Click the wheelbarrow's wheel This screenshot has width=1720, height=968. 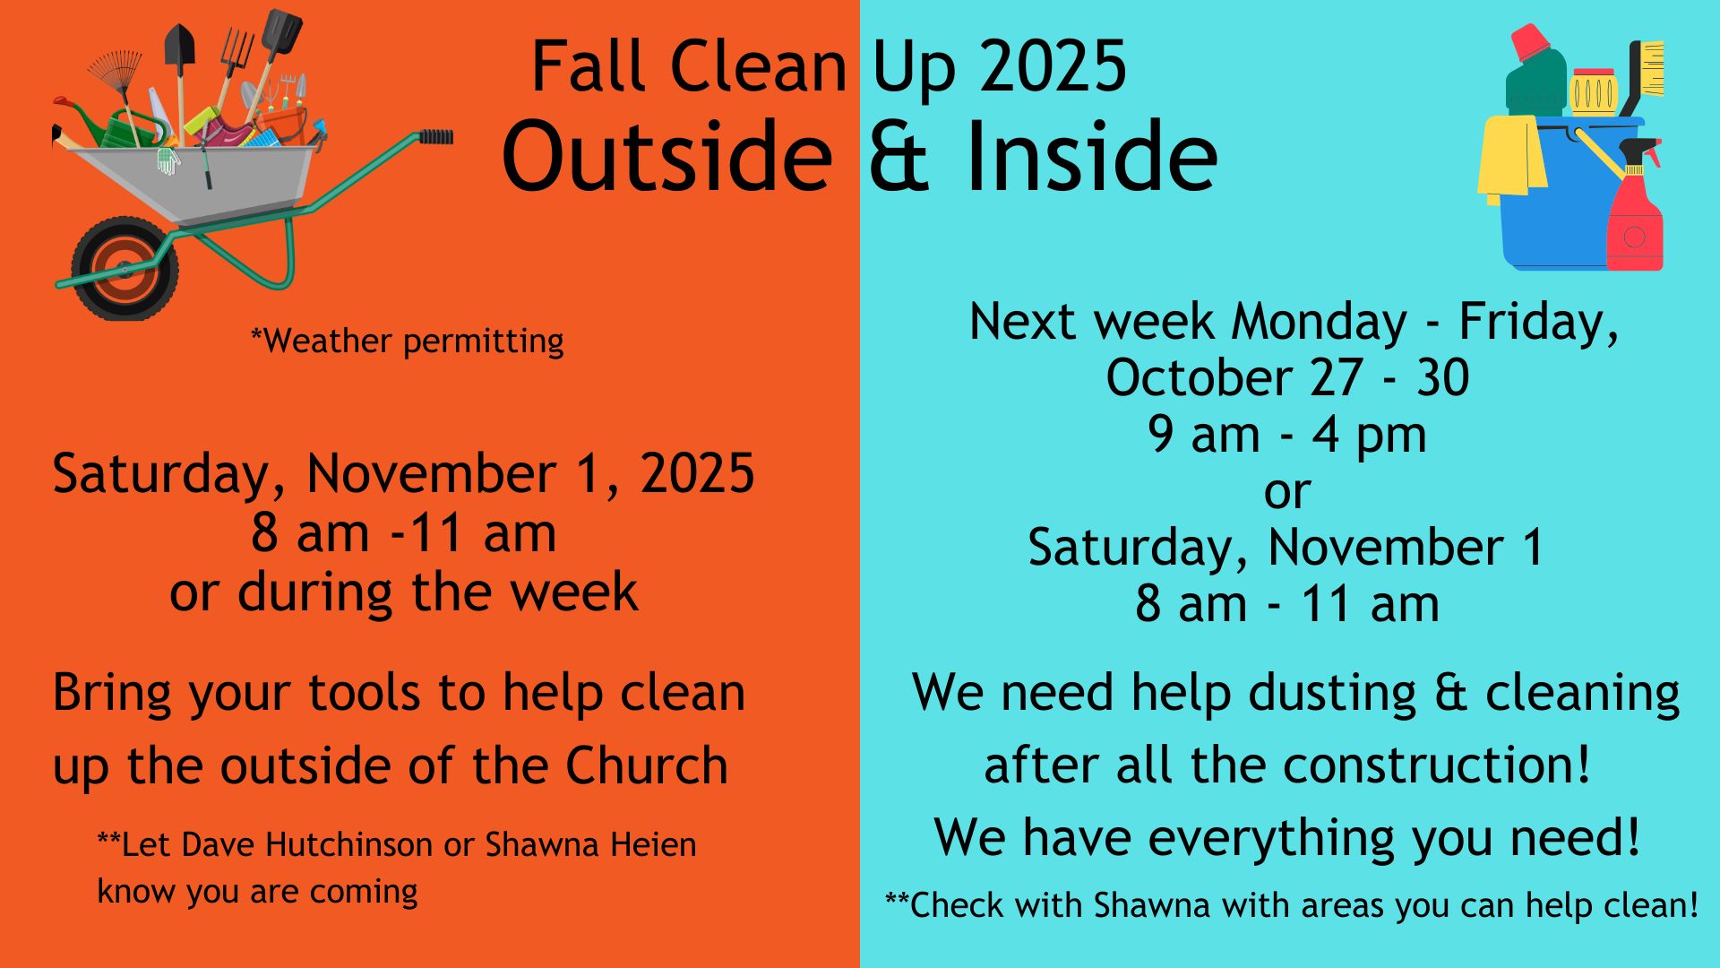coord(125,268)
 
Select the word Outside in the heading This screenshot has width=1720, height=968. coord(667,156)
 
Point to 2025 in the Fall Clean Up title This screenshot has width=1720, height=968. coord(1053,66)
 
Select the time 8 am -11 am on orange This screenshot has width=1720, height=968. coord(403,533)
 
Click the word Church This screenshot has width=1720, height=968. coord(647,765)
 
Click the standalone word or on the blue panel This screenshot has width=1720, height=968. coord(1287,492)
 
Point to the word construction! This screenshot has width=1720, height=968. coord(1437,765)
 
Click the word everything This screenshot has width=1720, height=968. coord(1273,839)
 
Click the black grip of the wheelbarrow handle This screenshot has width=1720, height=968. coord(436,136)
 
